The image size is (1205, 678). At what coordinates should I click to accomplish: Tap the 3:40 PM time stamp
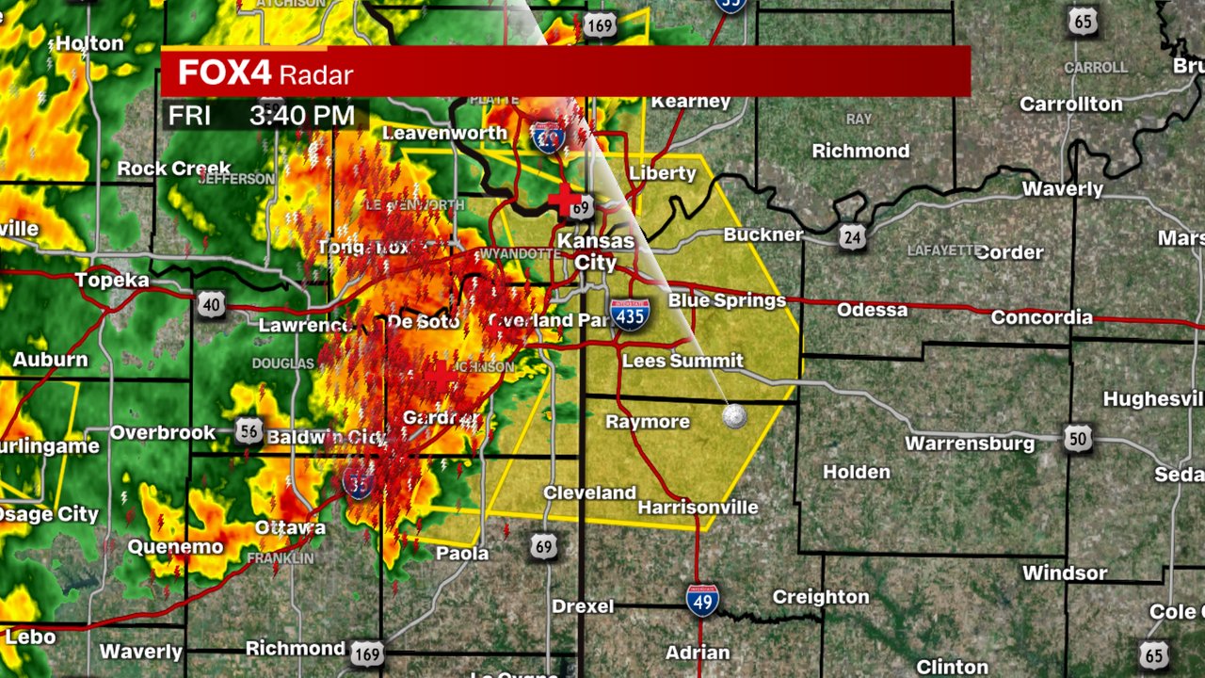(301, 116)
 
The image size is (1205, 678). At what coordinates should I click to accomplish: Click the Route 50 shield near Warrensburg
(1079, 438)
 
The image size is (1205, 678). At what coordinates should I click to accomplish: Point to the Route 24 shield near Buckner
(852, 237)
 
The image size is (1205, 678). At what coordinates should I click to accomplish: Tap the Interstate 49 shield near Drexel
(702, 599)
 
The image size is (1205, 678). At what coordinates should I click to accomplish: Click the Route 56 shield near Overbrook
(249, 430)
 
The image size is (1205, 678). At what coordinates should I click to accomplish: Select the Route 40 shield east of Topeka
(211, 303)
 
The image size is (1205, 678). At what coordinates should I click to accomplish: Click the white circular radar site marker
(733, 416)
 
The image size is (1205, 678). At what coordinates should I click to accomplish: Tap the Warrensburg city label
(970, 443)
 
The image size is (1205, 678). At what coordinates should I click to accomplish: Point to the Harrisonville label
(698, 508)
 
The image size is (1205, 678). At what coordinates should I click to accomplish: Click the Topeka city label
(112, 281)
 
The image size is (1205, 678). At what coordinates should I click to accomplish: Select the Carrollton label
(1071, 105)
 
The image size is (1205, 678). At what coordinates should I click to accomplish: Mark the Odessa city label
(872, 310)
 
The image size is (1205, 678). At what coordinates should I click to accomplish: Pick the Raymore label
(648, 421)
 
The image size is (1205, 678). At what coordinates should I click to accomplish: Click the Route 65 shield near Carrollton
(1083, 22)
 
